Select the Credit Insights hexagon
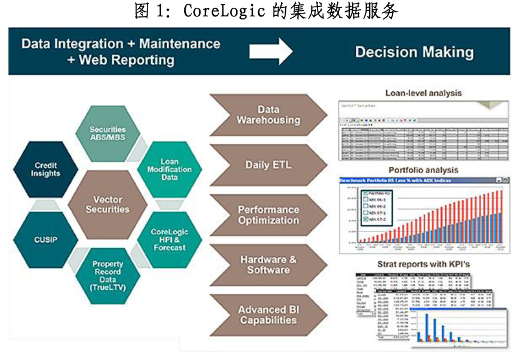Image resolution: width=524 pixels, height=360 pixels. coord(46,169)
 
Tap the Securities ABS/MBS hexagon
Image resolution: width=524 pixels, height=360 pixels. coord(108,133)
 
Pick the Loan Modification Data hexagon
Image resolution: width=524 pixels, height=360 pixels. coord(169,169)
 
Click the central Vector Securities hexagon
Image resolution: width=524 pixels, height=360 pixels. coord(108,204)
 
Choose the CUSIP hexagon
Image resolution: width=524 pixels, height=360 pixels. coord(46,239)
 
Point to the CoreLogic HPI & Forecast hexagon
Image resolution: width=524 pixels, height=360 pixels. coord(169,239)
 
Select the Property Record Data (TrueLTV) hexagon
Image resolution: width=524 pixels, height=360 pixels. coord(108,275)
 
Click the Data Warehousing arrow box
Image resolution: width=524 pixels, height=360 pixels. coord(268,115)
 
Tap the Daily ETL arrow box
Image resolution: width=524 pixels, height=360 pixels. coord(268,165)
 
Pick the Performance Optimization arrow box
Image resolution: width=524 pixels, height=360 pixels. coord(268,215)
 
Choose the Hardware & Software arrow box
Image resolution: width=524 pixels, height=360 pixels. coord(268,265)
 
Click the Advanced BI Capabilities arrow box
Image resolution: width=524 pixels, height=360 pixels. coord(268,314)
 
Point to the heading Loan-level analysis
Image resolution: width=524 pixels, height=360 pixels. coord(423,93)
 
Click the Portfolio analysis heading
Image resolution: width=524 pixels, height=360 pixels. coord(423,170)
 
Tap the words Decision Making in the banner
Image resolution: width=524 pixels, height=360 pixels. coord(414,52)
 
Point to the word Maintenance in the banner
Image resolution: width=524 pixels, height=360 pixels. coord(180,44)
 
